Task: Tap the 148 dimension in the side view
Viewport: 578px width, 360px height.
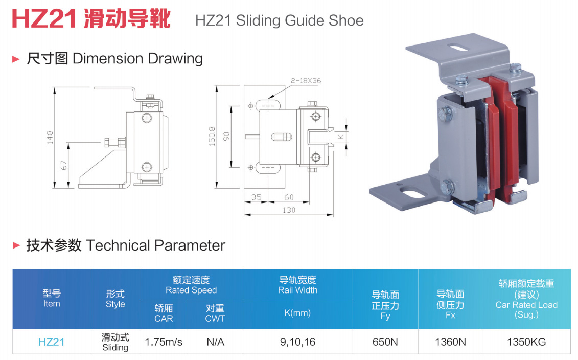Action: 50,138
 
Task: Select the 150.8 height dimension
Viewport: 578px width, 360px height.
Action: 212,136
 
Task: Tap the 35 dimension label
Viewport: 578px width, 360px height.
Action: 257,197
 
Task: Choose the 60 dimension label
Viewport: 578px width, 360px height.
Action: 289,197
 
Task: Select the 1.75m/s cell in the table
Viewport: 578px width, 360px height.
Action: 164,342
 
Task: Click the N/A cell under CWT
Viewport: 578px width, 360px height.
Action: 215,342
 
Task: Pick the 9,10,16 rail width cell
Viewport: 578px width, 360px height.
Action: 297,342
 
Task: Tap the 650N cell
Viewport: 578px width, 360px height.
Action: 385,342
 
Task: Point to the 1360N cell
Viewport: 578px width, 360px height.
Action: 450,342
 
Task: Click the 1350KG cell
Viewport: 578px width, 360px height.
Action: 526,342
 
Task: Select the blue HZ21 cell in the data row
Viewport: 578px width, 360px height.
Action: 52,342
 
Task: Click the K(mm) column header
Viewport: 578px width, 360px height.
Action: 297,312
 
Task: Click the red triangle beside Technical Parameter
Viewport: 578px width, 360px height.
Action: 16,245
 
